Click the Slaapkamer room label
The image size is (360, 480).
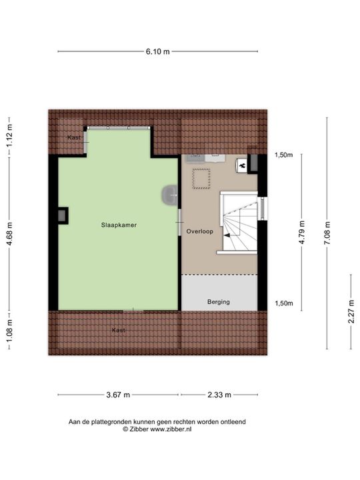tap(119, 225)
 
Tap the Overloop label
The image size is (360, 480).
tap(199, 232)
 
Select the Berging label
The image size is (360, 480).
tap(218, 302)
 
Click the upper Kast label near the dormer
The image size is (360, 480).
tap(74, 137)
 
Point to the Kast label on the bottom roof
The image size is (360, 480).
tap(119, 330)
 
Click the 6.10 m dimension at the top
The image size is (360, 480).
tap(157, 51)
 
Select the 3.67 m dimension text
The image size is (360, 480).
tap(118, 395)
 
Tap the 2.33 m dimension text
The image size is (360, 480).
tap(219, 395)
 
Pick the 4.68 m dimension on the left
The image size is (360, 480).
tap(9, 235)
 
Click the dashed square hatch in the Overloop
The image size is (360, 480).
tap(200, 178)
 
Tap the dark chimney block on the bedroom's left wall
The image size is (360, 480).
tap(63, 215)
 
